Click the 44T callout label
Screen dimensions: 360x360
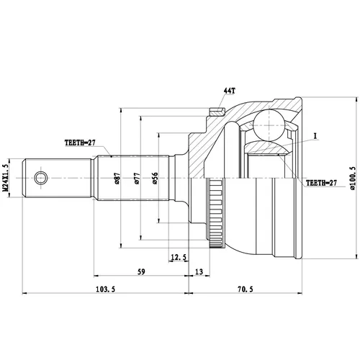pos(230,91)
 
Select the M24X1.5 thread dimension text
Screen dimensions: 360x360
pos(6,178)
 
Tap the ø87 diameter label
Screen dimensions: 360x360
pos(117,178)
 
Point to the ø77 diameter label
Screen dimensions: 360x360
pos(137,178)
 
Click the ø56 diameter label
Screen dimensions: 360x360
pos(155,178)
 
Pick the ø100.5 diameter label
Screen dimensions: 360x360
pos(353,178)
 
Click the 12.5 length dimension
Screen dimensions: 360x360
pos(179,257)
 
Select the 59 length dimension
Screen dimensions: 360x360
pos(141,271)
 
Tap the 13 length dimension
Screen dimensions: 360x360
pos(199,271)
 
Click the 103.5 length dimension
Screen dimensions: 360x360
pos(106,289)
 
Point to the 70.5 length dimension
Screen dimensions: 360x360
pos(246,289)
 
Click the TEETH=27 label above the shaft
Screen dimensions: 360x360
pos(80,143)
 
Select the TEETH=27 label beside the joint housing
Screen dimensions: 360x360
pos(321,183)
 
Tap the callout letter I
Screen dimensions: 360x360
pos(315,136)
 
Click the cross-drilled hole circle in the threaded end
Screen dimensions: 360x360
pos(41,178)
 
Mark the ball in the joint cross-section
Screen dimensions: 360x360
pos(269,125)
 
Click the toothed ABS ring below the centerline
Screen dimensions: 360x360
pos(215,214)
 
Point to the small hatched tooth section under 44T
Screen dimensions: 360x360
pos(217,112)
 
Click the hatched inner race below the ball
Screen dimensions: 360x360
pos(268,147)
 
